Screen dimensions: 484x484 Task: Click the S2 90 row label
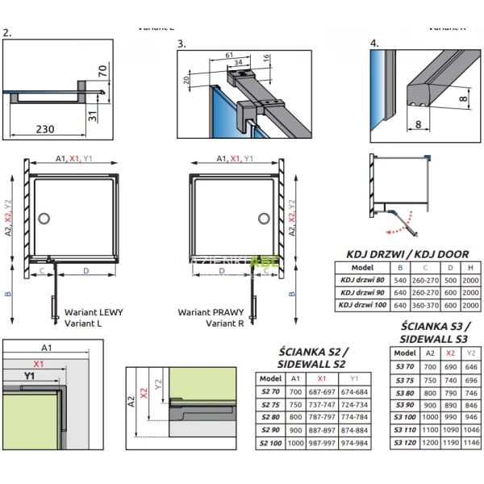click(270, 429)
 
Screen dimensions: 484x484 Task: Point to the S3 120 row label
click(406, 443)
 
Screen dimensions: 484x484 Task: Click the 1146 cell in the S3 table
click(472, 443)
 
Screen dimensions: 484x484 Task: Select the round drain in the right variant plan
click(264, 218)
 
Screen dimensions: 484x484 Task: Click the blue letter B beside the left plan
click(9, 295)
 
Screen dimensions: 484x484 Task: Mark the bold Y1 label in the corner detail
click(30, 376)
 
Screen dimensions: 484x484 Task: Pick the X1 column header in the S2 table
click(323, 378)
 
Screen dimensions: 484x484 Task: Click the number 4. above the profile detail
click(374, 43)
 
